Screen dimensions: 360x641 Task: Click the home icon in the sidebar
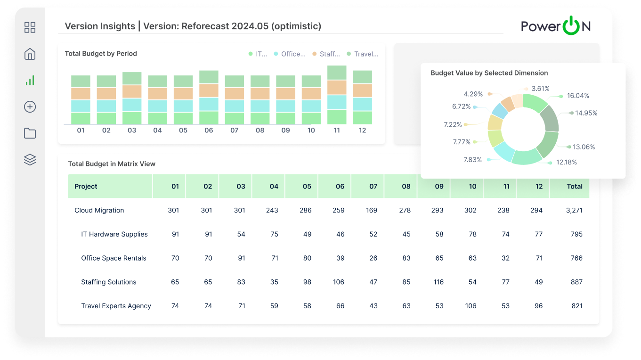[x=30, y=54]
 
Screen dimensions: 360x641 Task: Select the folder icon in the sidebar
[x=30, y=133]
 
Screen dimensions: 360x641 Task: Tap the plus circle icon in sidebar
[x=30, y=107]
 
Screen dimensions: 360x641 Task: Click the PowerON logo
[x=555, y=26]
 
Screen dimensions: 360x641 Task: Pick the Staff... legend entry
[x=326, y=54]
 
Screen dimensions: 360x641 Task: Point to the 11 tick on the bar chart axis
[x=337, y=131]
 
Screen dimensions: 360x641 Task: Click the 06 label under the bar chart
[x=209, y=131]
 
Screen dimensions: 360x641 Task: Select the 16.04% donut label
[x=578, y=96]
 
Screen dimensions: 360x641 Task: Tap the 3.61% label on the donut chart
[x=540, y=89]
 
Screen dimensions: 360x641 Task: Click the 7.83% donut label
[x=472, y=160]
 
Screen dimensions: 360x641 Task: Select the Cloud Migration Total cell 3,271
[x=574, y=210]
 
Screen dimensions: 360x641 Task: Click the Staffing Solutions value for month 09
[x=438, y=282]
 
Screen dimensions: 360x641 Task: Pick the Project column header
[x=86, y=186]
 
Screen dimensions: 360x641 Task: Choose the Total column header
[x=575, y=186]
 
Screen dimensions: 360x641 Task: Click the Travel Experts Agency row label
[x=116, y=306]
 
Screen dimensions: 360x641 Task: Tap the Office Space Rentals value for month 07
[x=373, y=258]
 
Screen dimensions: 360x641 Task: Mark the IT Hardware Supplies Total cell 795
[x=576, y=234]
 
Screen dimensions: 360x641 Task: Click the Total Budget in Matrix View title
[x=112, y=164]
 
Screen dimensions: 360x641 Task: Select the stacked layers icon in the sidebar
[x=30, y=160]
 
